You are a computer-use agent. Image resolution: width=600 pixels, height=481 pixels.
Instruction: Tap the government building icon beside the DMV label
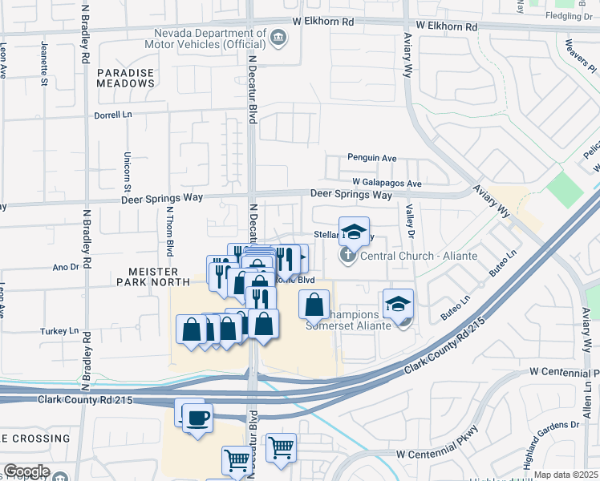pyautogui.click(x=278, y=36)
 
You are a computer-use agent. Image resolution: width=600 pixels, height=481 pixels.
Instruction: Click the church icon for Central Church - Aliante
pyautogui.click(x=347, y=256)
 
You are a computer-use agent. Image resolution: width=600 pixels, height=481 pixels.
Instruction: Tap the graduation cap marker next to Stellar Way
pyautogui.click(x=354, y=232)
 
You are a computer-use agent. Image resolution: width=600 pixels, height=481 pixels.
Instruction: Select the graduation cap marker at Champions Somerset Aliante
pyautogui.click(x=398, y=304)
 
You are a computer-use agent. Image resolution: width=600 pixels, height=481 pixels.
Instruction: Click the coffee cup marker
pyautogui.click(x=197, y=417)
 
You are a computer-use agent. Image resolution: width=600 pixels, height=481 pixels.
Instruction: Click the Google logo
pyautogui.click(x=26, y=471)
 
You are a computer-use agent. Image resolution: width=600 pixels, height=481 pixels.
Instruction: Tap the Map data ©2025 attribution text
pyautogui.click(x=566, y=475)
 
